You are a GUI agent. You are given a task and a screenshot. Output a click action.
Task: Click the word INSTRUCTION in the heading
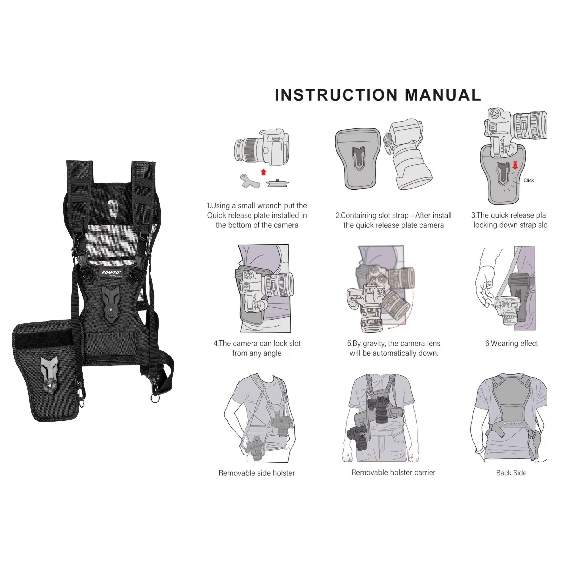pyautogui.click(x=336, y=95)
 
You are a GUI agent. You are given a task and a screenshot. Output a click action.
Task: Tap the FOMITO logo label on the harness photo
pyautogui.click(x=111, y=273)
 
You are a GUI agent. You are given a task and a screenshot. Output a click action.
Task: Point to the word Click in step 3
pyautogui.click(x=529, y=180)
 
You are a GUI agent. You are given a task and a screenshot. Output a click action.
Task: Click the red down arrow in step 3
pyautogui.click(x=515, y=165)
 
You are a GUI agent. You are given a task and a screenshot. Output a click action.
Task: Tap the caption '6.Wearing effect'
pyautogui.click(x=511, y=344)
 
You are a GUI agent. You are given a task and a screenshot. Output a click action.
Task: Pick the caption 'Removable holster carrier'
pyautogui.click(x=393, y=472)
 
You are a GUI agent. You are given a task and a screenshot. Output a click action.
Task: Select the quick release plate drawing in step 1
pyautogui.click(x=277, y=183)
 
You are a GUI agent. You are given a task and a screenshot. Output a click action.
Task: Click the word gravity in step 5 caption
pyautogui.click(x=374, y=344)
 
